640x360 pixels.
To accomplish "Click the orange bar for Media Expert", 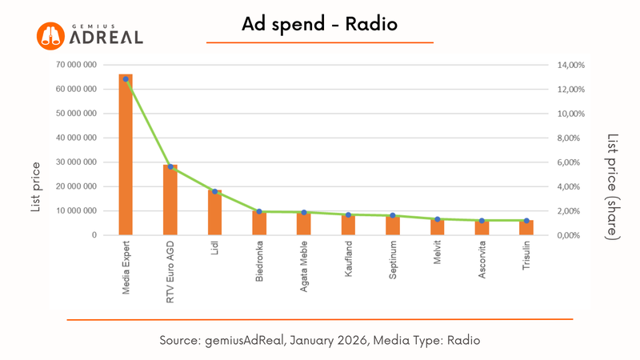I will click(x=126, y=160).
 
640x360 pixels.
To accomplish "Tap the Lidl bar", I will click(x=214, y=214).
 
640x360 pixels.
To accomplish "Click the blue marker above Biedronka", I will click(x=259, y=211).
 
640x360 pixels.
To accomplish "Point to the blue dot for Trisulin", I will click(x=526, y=220).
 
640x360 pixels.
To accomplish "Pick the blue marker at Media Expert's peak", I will click(x=126, y=79).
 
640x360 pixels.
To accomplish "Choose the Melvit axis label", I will click(x=438, y=258).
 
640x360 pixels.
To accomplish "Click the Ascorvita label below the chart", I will click(x=482, y=264).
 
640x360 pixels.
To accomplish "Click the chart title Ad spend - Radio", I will click(x=319, y=26).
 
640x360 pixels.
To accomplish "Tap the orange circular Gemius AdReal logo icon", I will click(x=50, y=35).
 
